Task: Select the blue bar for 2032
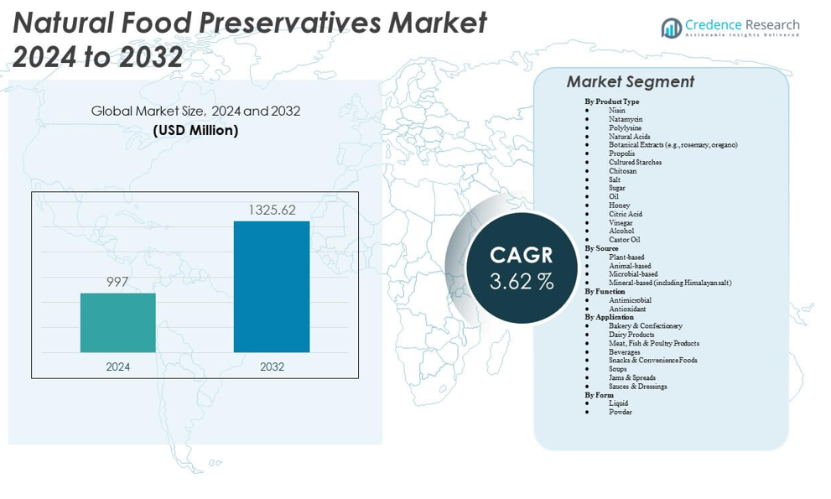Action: (x=271, y=286)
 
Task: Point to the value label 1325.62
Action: (x=271, y=210)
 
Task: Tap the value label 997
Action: (x=117, y=282)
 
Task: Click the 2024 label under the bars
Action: (x=117, y=366)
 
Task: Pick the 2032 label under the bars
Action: (x=272, y=366)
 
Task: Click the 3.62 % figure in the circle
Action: (x=522, y=282)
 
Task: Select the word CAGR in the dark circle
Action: (x=522, y=254)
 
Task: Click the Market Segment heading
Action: (x=630, y=81)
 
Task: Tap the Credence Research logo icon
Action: (x=672, y=28)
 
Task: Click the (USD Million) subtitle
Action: (x=195, y=130)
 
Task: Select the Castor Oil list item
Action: (x=624, y=240)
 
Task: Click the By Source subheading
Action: (x=601, y=248)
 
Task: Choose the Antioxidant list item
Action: (x=627, y=309)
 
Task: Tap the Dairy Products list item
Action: (x=631, y=335)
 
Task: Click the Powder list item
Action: (x=621, y=412)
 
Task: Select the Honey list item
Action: (x=619, y=205)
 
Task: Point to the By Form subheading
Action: (x=599, y=395)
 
